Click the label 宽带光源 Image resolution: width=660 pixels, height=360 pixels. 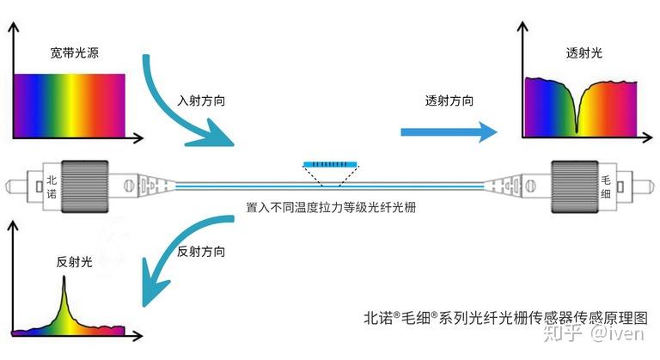point(75,52)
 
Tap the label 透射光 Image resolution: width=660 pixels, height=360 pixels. point(584,52)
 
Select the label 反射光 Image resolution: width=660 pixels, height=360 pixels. point(75,262)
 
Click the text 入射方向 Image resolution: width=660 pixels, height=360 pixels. point(201,101)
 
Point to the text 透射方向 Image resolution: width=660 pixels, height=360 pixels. point(449,101)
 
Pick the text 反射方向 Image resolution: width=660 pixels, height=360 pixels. point(201,252)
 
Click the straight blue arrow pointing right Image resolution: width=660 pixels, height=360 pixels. point(449,132)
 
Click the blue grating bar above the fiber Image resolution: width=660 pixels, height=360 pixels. point(330,164)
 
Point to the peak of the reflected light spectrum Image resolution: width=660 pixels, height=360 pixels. point(64,277)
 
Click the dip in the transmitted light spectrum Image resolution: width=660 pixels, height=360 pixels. point(577,131)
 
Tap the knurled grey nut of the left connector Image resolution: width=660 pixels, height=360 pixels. point(84,186)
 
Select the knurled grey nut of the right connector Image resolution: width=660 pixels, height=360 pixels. point(575,186)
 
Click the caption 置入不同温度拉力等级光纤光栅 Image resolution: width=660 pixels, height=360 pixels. point(331,208)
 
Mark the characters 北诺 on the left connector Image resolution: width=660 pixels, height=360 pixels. point(52,187)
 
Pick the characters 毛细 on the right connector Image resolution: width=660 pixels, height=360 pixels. point(606,187)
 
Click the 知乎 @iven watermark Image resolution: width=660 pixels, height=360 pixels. point(594,333)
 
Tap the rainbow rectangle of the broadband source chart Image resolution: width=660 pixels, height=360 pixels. point(70,106)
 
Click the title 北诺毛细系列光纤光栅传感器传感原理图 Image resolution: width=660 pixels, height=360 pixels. point(506,318)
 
